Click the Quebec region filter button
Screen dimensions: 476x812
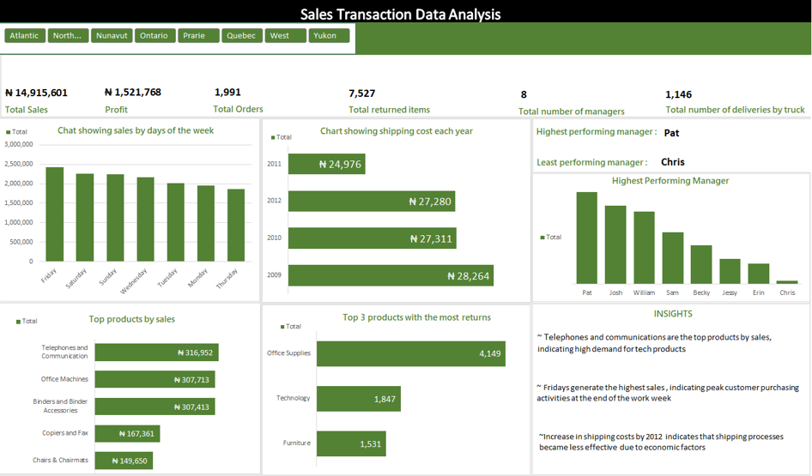pyautogui.click(x=242, y=35)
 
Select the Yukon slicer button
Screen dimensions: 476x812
pyautogui.click(x=329, y=35)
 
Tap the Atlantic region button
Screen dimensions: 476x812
pyautogui.click(x=25, y=35)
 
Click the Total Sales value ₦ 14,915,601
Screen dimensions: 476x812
pyautogui.click(x=36, y=93)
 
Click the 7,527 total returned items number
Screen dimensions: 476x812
pyautogui.click(x=361, y=93)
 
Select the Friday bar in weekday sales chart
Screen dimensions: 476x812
pyautogui.click(x=54, y=214)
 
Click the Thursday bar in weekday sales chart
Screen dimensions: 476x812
pyautogui.click(x=236, y=226)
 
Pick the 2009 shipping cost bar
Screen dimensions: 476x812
pyautogui.click(x=391, y=275)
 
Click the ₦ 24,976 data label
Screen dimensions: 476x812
pyautogui.click(x=340, y=164)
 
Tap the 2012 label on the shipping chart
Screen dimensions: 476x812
pyautogui.click(x=275, y=201)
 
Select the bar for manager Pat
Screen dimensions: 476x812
pyautogui.click(x=587, y=238)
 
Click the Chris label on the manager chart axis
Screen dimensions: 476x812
pyautogui.click(x=787, y=292)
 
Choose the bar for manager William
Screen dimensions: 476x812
pyautogui.click(x=644, y=248)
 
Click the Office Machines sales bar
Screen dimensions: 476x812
pyautogui.click(x=155, y=379)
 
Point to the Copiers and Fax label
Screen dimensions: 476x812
pyautogui.click(x=64, y=433)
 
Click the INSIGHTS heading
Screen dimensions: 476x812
pyautogui.click(x=673, y=314)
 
